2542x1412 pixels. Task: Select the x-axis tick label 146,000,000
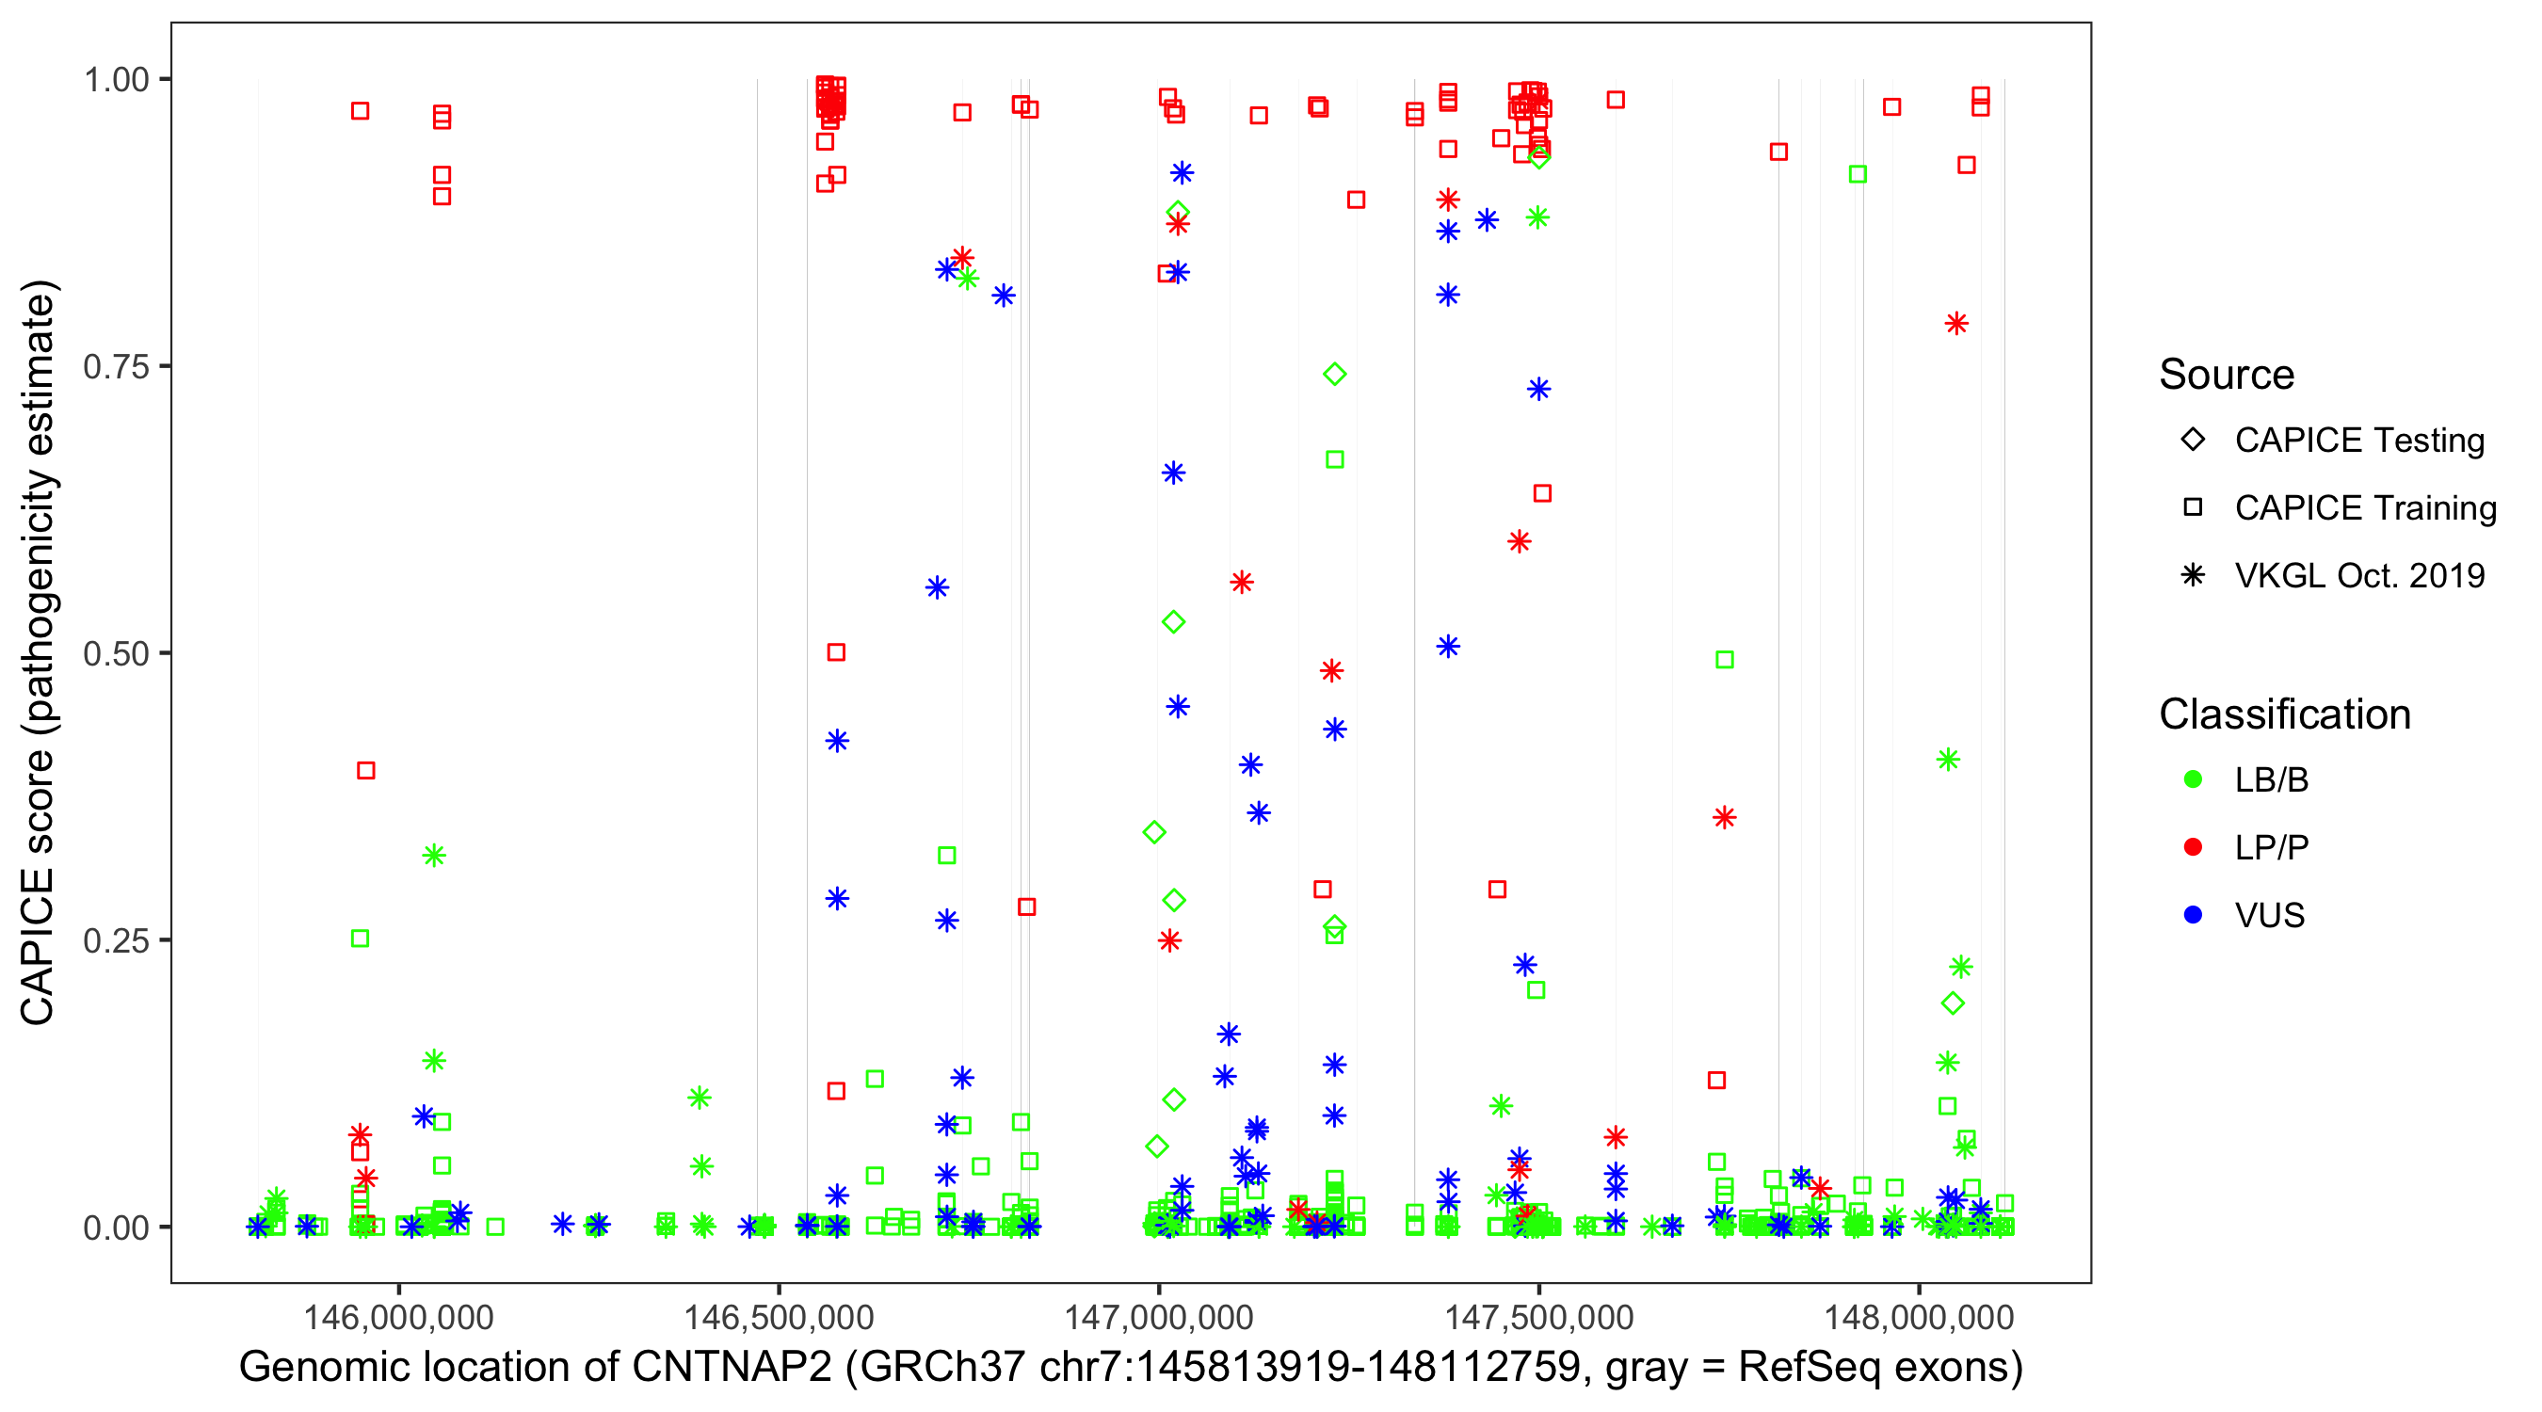tap(398, 1316)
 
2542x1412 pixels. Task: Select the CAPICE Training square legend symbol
tap(2193, 508)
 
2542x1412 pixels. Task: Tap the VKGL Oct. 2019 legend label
tap(2359, 576)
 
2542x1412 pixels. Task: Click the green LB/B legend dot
tap(2193, 779)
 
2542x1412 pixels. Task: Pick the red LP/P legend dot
tap(2193, 847)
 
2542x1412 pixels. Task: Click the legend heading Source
tap(2227, 375)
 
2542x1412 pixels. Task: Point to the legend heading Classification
tap(2284, 714)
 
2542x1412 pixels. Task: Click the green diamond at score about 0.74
tap(1334, 374)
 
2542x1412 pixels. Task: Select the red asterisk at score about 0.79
tap(1956, 324)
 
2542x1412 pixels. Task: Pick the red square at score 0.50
tap(836, 652)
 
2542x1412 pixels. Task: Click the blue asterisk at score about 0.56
tap(938, 588)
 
